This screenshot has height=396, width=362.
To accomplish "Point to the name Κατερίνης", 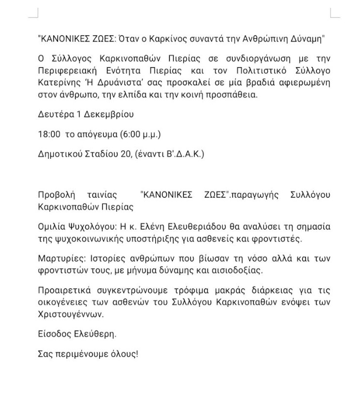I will pos(58,82).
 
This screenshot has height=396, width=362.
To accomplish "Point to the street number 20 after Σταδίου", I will pos(123,154).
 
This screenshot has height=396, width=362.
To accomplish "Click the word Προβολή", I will pos(56,195).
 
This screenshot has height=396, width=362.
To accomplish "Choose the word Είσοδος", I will pos(53,334).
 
